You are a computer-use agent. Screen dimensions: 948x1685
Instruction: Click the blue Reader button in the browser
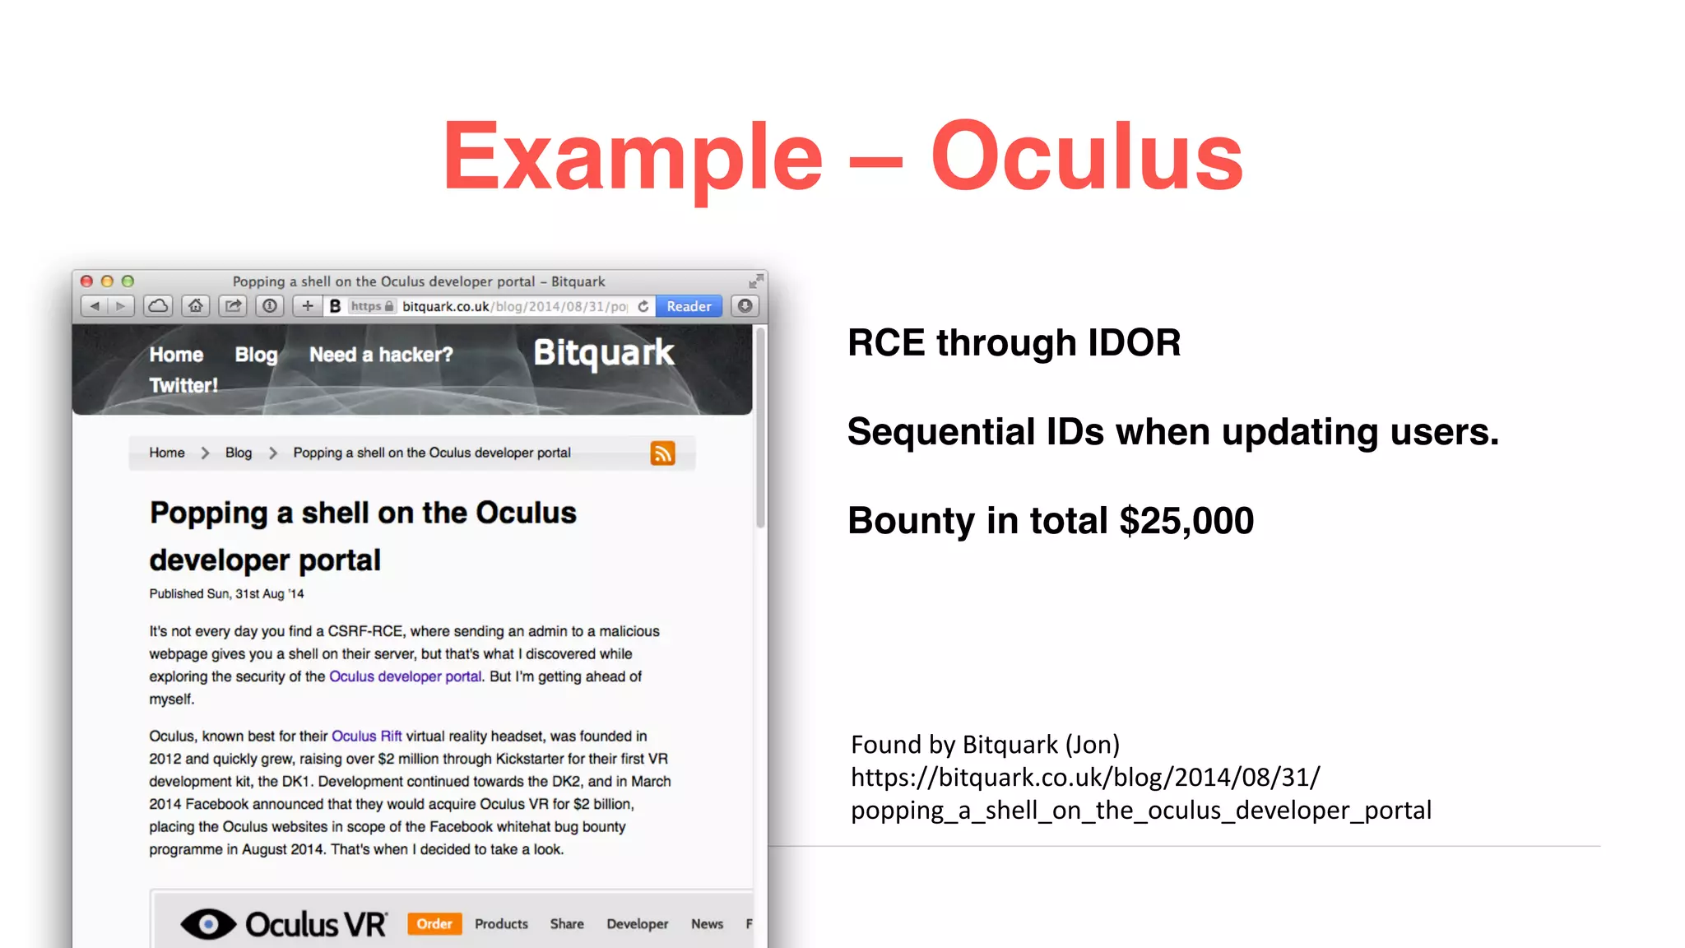pyautogui.click(x=689, y=306)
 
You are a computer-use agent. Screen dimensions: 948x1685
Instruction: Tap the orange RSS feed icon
pyautogui.click(x=662, y=453)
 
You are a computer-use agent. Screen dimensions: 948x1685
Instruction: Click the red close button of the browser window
pyautogui.click(x=86, y=281)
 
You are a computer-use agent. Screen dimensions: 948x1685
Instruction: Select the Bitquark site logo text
pyautogui.click(x=603, y=353)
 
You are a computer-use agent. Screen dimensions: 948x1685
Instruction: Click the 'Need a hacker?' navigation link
pyautogui.click(x=380, y=355)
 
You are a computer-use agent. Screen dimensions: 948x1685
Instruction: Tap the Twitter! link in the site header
pyautogui.click(x=183, y=385)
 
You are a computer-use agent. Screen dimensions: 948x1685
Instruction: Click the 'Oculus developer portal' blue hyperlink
pyautogui.click(x=405, y=676)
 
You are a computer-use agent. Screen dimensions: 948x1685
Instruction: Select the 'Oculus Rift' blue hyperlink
pyautogui.click(x=366, y=736)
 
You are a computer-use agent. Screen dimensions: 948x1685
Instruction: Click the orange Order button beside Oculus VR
pyautogui.click(x=434, y=923)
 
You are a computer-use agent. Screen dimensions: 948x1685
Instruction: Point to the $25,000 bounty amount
pyautogui.click(x=1186, y=521)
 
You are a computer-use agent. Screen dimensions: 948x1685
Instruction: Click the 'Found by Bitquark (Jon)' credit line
pyautogui.click(x=985, y=745)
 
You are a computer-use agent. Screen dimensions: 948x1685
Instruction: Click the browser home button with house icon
pyautogui.click(x=195, y=306)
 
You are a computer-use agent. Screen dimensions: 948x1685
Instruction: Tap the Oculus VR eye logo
pyautogui.click(x=207, y=924)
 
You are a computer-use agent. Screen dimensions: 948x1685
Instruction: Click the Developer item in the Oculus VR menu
pyautogui.click(x=637, y=924)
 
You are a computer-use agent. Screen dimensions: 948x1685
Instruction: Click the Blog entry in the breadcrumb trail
pyautogui.click(x=239, y=453)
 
